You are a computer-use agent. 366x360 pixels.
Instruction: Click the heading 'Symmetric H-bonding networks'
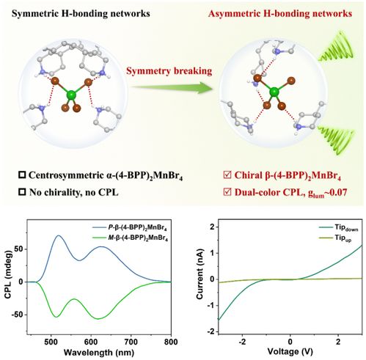pyautogui.click(x=81, y=14)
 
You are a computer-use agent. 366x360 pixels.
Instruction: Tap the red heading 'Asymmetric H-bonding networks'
pyautogui.click(x=280, y=14)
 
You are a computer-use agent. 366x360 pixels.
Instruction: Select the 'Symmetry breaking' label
pyautogui.click(x=169, y=71)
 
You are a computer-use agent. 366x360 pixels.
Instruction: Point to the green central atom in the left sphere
pyautogui.click(x=71, y=95)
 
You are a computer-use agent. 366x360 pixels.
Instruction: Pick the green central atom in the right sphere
pyautogui.click(x=274, y=92)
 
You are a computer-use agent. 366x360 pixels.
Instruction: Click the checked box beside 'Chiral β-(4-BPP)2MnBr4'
pyautogui.click(x=227, y=175)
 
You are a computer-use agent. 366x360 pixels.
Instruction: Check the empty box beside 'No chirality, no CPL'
pyautogui.click(x=22, y=192)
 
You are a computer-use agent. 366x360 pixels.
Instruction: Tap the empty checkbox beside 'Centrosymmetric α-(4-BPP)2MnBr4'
pyautogui.click(x=22, y=175)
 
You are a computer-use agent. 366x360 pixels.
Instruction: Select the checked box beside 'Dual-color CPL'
pyautogui.click(x=227, y=192)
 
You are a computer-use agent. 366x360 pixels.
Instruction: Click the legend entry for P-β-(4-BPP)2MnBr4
pyautogui.click(x=130, y=228)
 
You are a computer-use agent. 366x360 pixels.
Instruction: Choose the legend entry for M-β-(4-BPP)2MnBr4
pyautogui.click(x=130, y=238)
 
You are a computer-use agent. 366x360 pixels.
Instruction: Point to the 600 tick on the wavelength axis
pyautogui.click(x=91, y=341)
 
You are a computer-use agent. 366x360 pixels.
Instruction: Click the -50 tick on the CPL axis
pyautogui.click(x=18, y=315)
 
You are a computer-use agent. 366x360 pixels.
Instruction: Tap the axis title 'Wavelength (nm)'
pyautogui.click(x=99, y=353)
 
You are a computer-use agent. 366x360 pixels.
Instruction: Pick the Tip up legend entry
pyautogui.click(x=335, y=238)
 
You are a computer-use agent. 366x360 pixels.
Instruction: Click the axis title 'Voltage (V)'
pyautogui.click(x=290, y=352)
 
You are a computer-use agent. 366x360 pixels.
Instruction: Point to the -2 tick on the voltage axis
pyautogui.click(x=242, y=342)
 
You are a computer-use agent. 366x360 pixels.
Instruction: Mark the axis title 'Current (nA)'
pyautogui.click(x=200, y=273)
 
